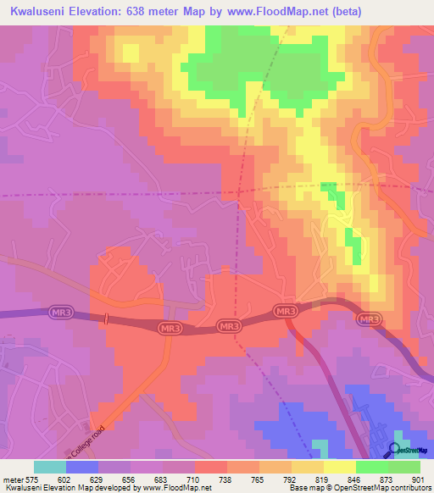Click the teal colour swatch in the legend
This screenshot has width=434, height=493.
click(x=49, y=467)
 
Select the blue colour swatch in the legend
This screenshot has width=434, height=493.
click(x=82, y=467)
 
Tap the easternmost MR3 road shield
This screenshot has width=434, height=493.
click(x=368, y=319)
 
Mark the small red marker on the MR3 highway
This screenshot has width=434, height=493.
click(x=107, y=319)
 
